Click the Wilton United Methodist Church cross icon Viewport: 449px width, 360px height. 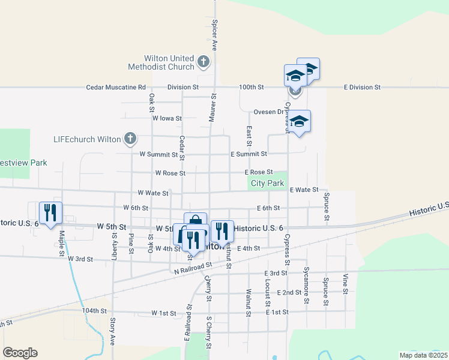point(203,61)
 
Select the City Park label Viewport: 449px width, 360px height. point(267,183)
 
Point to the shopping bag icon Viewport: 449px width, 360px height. point(195,221)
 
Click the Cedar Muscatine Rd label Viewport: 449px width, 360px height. point(116,87)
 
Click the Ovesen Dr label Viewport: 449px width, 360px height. point(268,112)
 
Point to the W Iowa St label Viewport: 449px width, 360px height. point(167,118)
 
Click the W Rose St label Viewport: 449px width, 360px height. point(170,173)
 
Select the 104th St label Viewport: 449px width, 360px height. point(94,311)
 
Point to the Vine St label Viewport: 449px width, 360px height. point(346,283)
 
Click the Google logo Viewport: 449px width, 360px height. point(20,353)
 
